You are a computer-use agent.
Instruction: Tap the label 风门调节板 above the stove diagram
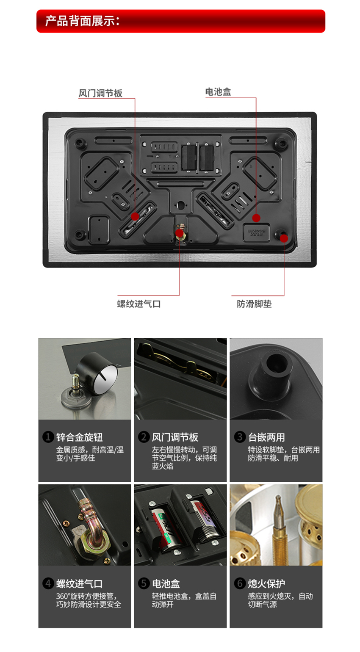100,93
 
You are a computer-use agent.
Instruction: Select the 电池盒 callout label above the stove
218,92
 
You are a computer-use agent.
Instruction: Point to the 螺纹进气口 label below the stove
139,304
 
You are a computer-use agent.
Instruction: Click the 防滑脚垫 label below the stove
254,304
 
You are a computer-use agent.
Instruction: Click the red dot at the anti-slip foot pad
284,238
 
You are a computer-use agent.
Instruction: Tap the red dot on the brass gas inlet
180,233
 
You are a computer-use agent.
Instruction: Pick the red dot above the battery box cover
256,218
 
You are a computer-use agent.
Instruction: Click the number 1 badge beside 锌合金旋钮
48,437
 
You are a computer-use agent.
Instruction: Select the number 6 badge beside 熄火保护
240,583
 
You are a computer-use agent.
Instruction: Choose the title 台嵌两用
266,437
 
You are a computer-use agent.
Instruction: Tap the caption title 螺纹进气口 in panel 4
79,583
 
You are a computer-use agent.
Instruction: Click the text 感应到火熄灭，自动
280,596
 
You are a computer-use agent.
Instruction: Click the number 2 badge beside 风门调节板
144,437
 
